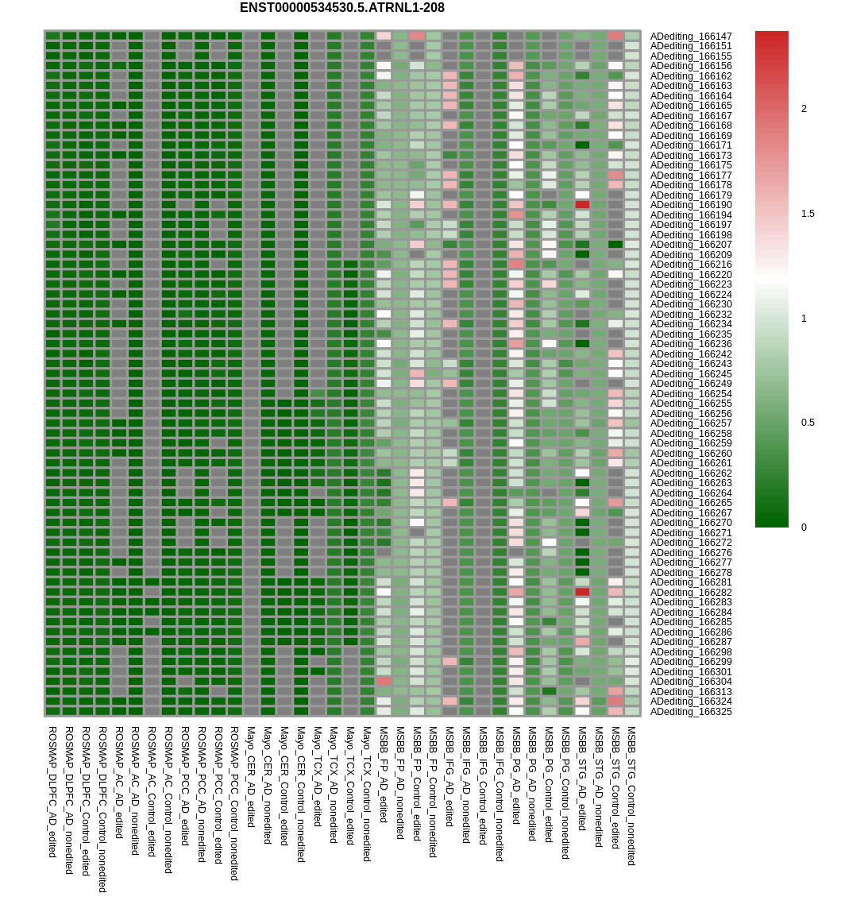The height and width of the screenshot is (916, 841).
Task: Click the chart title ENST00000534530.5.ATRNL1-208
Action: tap(341, 8)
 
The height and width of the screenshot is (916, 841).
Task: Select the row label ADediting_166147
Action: tap(691, 37)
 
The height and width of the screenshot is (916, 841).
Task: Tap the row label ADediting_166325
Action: tap(691, 712)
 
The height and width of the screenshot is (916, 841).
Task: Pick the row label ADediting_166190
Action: tap(691, 205)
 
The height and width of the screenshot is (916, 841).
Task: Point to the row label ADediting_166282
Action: tap(691, 593)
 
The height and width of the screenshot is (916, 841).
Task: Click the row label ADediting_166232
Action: tap(691, 315)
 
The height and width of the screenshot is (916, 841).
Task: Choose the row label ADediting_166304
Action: tap(691, 682)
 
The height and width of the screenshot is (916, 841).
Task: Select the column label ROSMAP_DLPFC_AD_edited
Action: tap(52, 792)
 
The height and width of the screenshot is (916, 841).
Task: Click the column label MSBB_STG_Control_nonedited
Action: tap(632, 796)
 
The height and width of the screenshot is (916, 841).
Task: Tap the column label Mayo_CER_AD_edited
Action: tap(251, 777)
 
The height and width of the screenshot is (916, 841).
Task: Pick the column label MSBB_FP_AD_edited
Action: tap(384, 775)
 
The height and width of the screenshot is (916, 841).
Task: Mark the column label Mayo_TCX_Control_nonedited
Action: tap(367, 794)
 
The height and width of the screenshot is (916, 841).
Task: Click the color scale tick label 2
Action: tap(804, 109)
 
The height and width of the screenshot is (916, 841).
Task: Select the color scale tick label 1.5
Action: tap(808, 214)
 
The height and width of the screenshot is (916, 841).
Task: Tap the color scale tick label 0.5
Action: tap(808, 423)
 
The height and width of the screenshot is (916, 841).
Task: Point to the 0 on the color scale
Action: tap(804, 527)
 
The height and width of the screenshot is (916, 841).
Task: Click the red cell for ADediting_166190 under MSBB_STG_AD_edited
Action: tap(582, 205)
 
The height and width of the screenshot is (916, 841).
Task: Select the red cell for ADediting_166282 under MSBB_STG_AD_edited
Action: tap(582, 593)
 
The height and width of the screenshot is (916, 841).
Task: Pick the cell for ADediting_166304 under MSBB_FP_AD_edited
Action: tap(384, 682)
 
